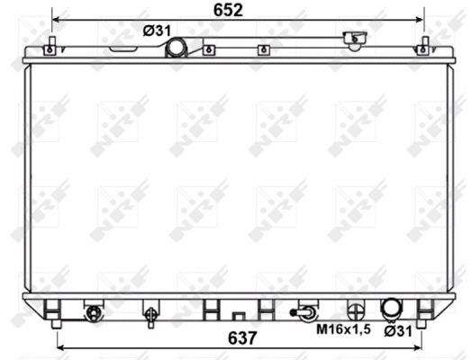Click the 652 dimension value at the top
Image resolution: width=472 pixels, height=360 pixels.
point(228,10)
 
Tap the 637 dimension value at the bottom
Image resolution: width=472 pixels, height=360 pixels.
point(242,337)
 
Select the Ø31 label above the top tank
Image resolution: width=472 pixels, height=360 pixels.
point(157,31)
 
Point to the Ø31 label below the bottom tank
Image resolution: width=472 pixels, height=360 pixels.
point(398,331)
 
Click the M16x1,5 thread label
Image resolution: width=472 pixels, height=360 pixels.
point(343,329)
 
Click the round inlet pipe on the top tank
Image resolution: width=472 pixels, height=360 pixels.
point(177,48)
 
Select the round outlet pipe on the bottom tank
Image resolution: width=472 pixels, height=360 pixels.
point(391,308)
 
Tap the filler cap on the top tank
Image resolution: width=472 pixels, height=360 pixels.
point(355,39)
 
